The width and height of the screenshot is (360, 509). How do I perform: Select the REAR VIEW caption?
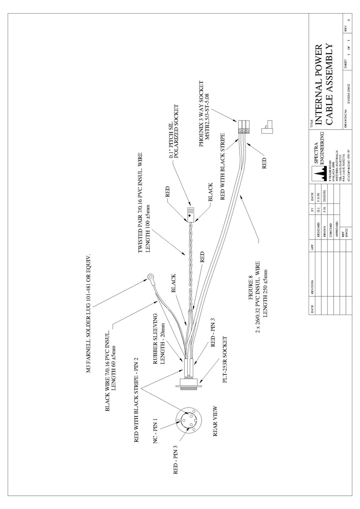(x=214, y=420)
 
